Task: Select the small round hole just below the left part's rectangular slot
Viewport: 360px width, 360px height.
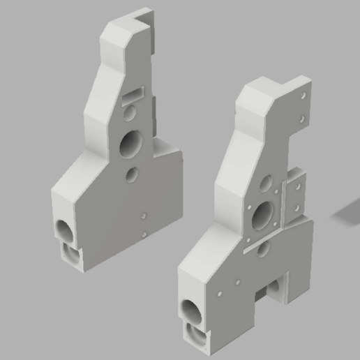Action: click(128, 112)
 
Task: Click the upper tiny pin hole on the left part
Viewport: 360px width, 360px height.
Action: click(143, 216)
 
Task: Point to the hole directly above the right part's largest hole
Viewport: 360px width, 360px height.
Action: click(266, 183)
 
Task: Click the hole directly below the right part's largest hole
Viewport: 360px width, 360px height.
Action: click(263, 247)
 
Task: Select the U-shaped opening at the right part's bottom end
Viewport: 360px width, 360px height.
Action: click(197, 338)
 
